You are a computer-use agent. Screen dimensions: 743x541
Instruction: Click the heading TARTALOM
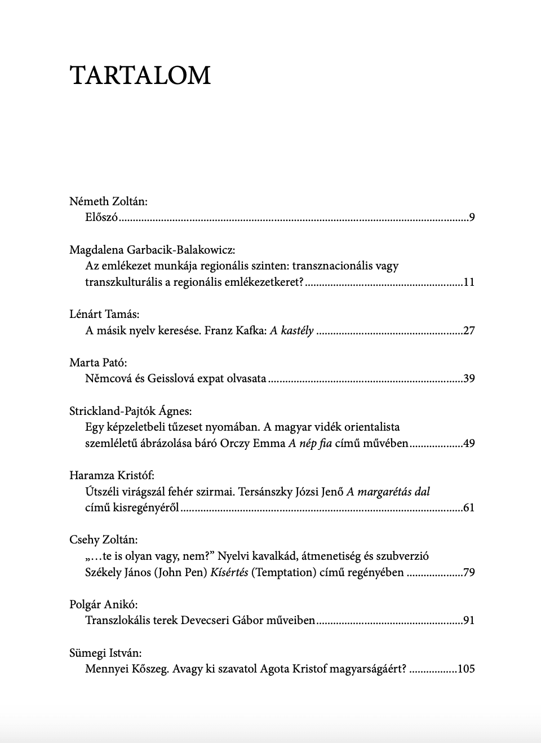140,76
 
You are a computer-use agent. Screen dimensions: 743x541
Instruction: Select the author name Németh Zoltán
108,201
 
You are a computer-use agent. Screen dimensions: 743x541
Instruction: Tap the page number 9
472,218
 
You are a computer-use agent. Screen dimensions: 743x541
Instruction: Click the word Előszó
101,218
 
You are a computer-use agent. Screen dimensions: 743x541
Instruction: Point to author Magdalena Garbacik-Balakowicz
152,250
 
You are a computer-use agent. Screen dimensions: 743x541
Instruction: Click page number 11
468,282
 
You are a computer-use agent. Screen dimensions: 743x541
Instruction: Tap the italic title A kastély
291,331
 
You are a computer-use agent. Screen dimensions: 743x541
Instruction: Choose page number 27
468,331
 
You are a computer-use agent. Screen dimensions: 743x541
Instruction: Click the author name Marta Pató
98,362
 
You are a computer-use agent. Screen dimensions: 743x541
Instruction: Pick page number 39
468,379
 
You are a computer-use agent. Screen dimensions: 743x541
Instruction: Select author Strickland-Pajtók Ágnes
130,411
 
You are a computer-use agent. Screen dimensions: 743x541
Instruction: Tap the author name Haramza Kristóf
112,476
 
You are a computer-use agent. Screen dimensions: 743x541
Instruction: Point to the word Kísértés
229,573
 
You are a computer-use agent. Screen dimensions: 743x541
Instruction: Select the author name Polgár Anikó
103,605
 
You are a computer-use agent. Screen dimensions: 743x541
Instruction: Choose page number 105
466,669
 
